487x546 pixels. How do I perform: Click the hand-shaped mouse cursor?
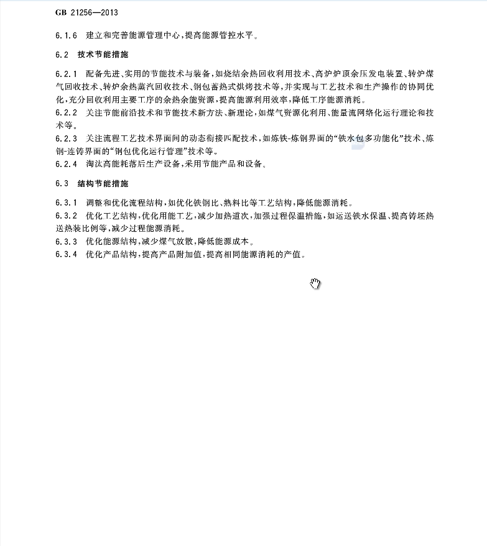pos(315,284)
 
